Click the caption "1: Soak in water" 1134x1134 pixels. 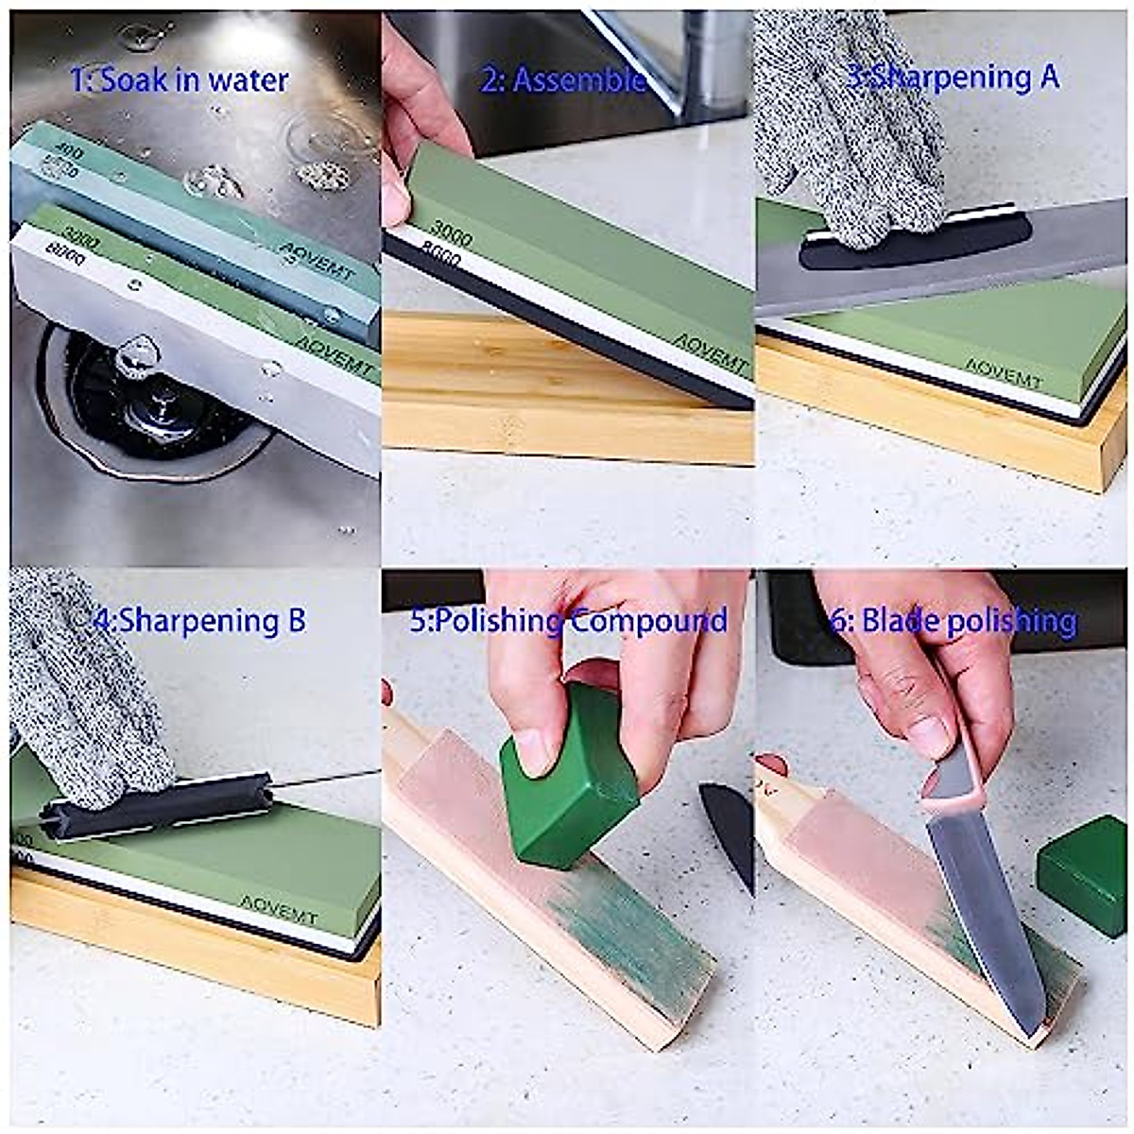click(180, 80)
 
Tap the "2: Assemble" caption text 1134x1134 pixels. click(563, 80)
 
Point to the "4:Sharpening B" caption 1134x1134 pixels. click(200, 621)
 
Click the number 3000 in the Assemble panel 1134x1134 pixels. click(452, 232)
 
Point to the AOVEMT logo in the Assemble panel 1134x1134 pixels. click(711, 352)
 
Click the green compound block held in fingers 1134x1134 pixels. click(567, 780)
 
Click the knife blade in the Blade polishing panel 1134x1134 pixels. click(983, 907)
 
